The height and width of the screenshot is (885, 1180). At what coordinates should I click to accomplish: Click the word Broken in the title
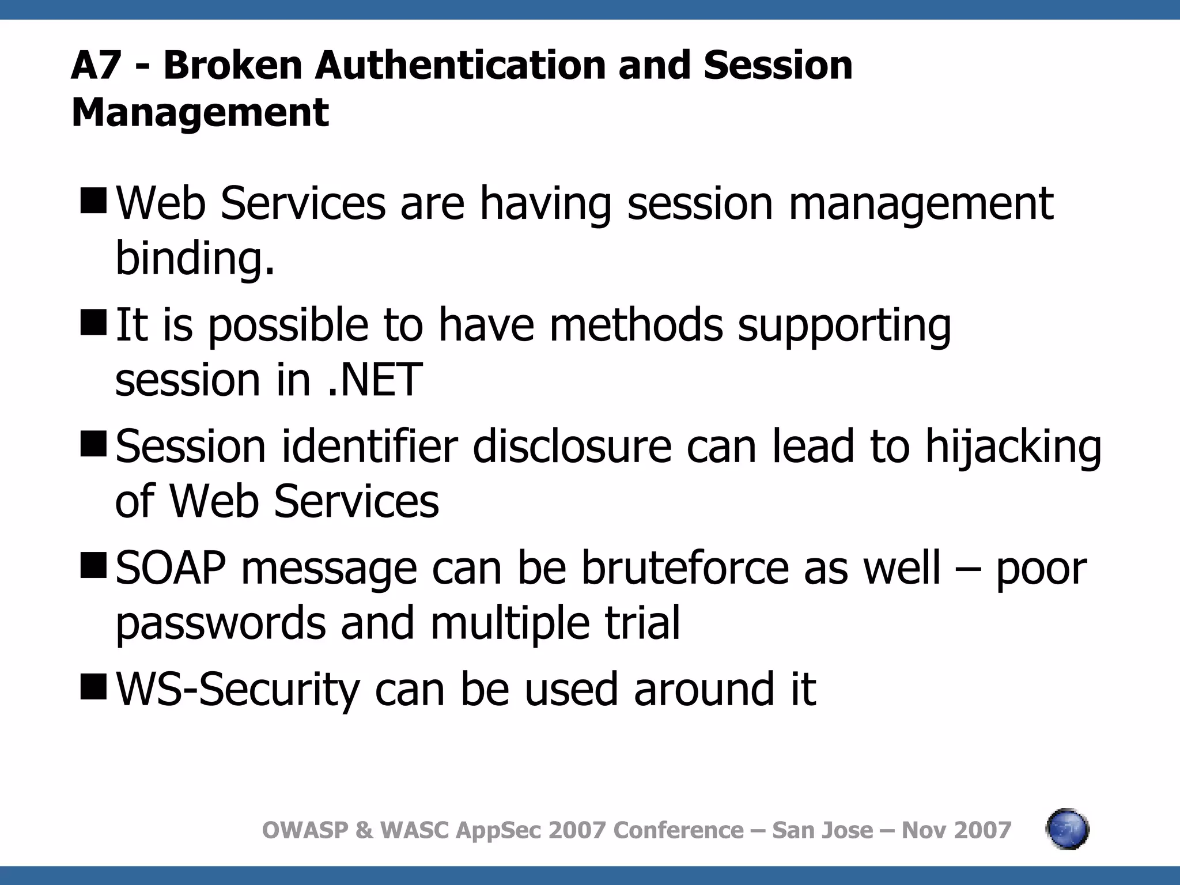pos(233,65)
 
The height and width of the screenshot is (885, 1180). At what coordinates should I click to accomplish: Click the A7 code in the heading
pos(95,65)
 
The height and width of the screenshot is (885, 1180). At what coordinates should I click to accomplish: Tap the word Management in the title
pos(200,112)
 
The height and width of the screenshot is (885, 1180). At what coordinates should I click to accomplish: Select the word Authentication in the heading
pos(459,65)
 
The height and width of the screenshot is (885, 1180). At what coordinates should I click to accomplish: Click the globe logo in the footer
pos(1067,830)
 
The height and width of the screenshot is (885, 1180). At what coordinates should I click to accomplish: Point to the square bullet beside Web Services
pos(93,201)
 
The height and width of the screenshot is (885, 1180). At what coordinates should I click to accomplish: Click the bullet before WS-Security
pos(93,687)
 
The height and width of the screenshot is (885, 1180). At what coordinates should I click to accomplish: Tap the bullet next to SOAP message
pos(93,565)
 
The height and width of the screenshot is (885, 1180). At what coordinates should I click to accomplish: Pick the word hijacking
pos(1013,447)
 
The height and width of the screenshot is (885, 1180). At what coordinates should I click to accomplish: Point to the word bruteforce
pos(684,568)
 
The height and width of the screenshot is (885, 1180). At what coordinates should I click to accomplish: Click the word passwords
pos(221,623)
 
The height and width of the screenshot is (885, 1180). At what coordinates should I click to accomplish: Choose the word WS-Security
pos(238,689)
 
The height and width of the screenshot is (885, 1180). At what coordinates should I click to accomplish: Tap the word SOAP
pos(171,568)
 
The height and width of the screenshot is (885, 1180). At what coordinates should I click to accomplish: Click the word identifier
pos(369,447)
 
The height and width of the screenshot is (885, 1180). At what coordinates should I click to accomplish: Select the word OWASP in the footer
pos(305,830)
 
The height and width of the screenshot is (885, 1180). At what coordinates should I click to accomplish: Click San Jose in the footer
pos(822,830)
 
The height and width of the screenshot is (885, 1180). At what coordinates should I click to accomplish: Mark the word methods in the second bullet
pos(636,325)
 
